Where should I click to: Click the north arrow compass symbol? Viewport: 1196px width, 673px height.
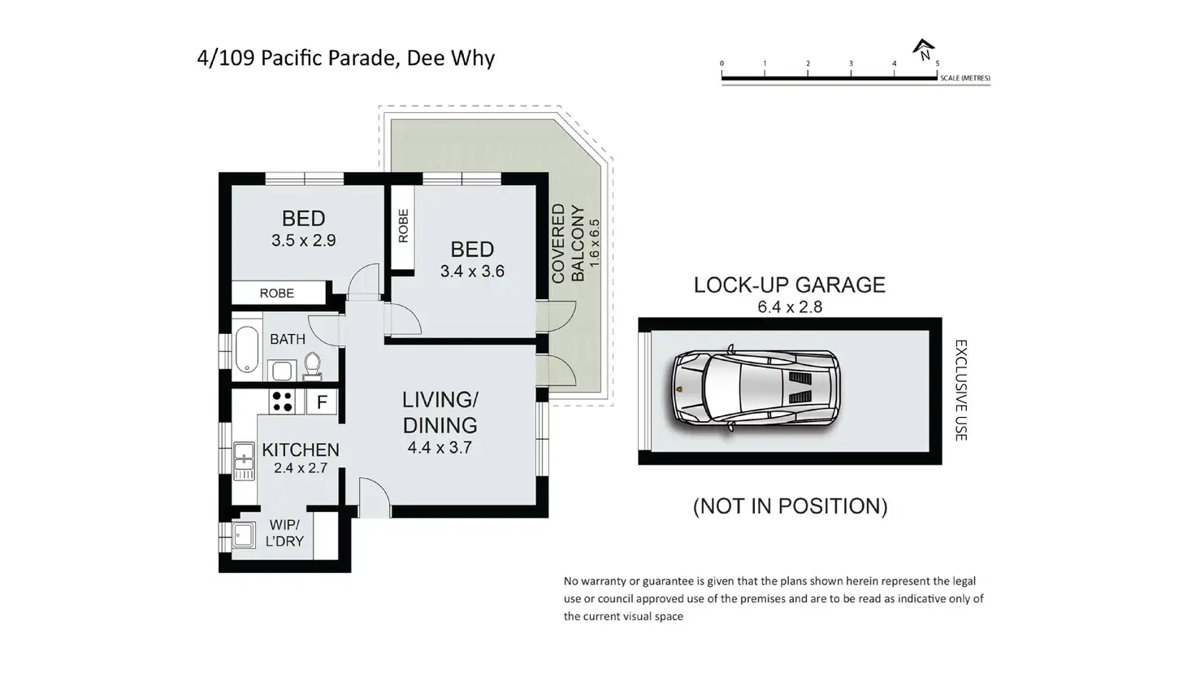(924, 50)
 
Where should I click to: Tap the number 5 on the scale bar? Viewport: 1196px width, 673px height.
(938, 63)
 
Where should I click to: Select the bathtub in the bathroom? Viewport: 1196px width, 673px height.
(247, 349)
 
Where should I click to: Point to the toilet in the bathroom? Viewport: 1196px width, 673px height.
(312, 366)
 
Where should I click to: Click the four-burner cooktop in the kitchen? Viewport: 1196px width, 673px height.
(282, 402)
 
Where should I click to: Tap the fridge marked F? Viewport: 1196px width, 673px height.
(322, 402)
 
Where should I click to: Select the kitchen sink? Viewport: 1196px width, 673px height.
(244, 461)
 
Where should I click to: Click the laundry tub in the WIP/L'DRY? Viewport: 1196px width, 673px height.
(244, 535)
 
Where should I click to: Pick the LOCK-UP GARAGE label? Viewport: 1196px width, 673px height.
(790, 284)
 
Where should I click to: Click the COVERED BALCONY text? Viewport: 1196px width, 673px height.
(568, 243)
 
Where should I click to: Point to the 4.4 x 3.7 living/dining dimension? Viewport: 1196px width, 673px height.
(440, 447)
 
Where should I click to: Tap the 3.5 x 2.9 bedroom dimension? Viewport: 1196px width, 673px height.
(303, 241)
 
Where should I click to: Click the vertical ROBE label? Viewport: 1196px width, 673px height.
(403, 225)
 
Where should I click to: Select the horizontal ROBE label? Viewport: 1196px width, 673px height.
(276, 293)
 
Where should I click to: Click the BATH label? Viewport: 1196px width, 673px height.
(288, 339)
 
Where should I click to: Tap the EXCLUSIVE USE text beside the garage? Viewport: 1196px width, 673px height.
(960, 390)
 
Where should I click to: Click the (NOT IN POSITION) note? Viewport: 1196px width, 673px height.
(791, 506)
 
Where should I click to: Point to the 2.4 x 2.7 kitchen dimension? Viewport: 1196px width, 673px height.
(301, 468)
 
